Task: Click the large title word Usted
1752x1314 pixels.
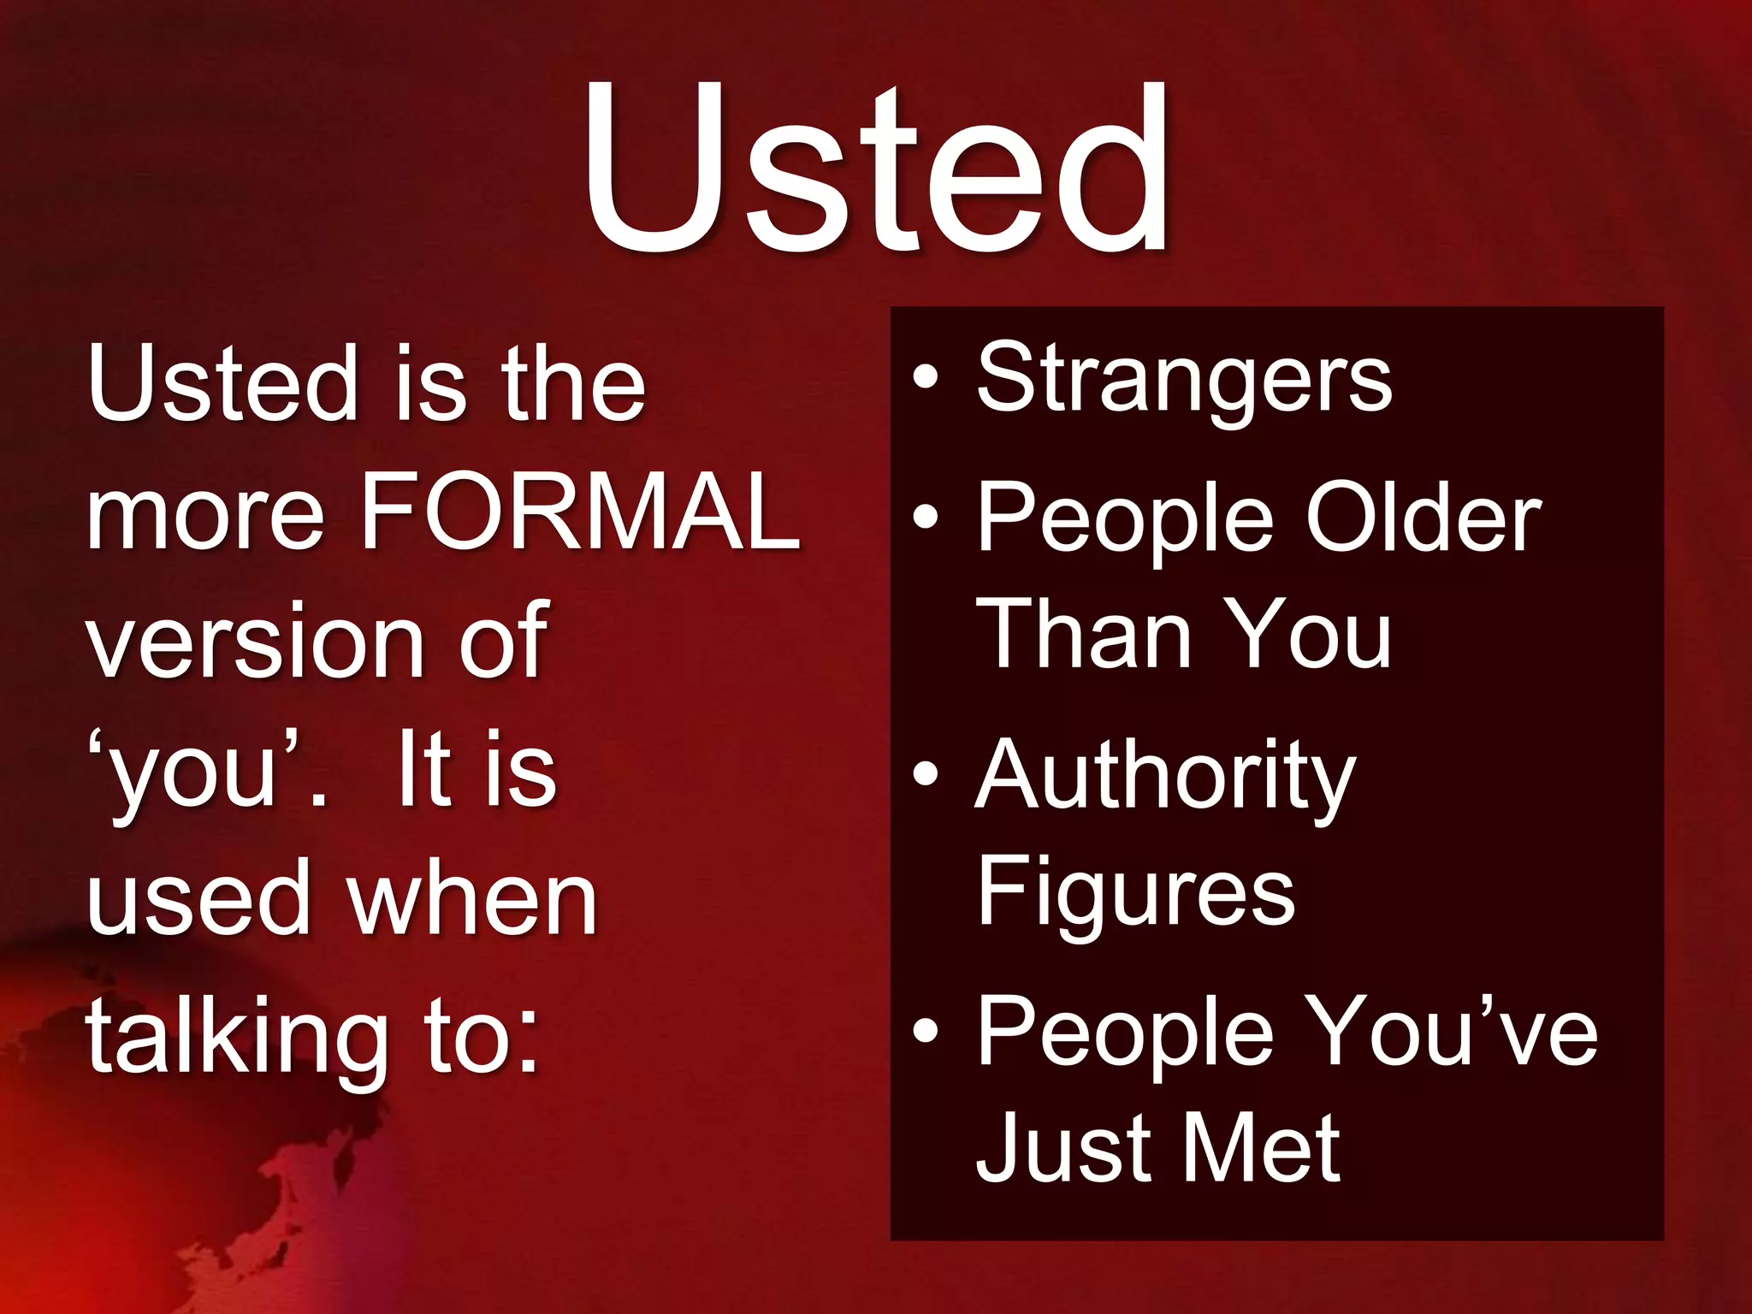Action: tap(876, 167)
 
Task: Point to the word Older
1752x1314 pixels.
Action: tap(1423, 518)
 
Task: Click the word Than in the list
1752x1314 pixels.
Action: tap(1084, 634)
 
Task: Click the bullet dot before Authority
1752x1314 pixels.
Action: tap(926, 774)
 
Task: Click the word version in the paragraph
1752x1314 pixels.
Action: tap(255, 642)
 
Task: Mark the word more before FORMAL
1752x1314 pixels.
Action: tap(205, 513)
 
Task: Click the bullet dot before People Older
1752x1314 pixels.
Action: tap(926, 517)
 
